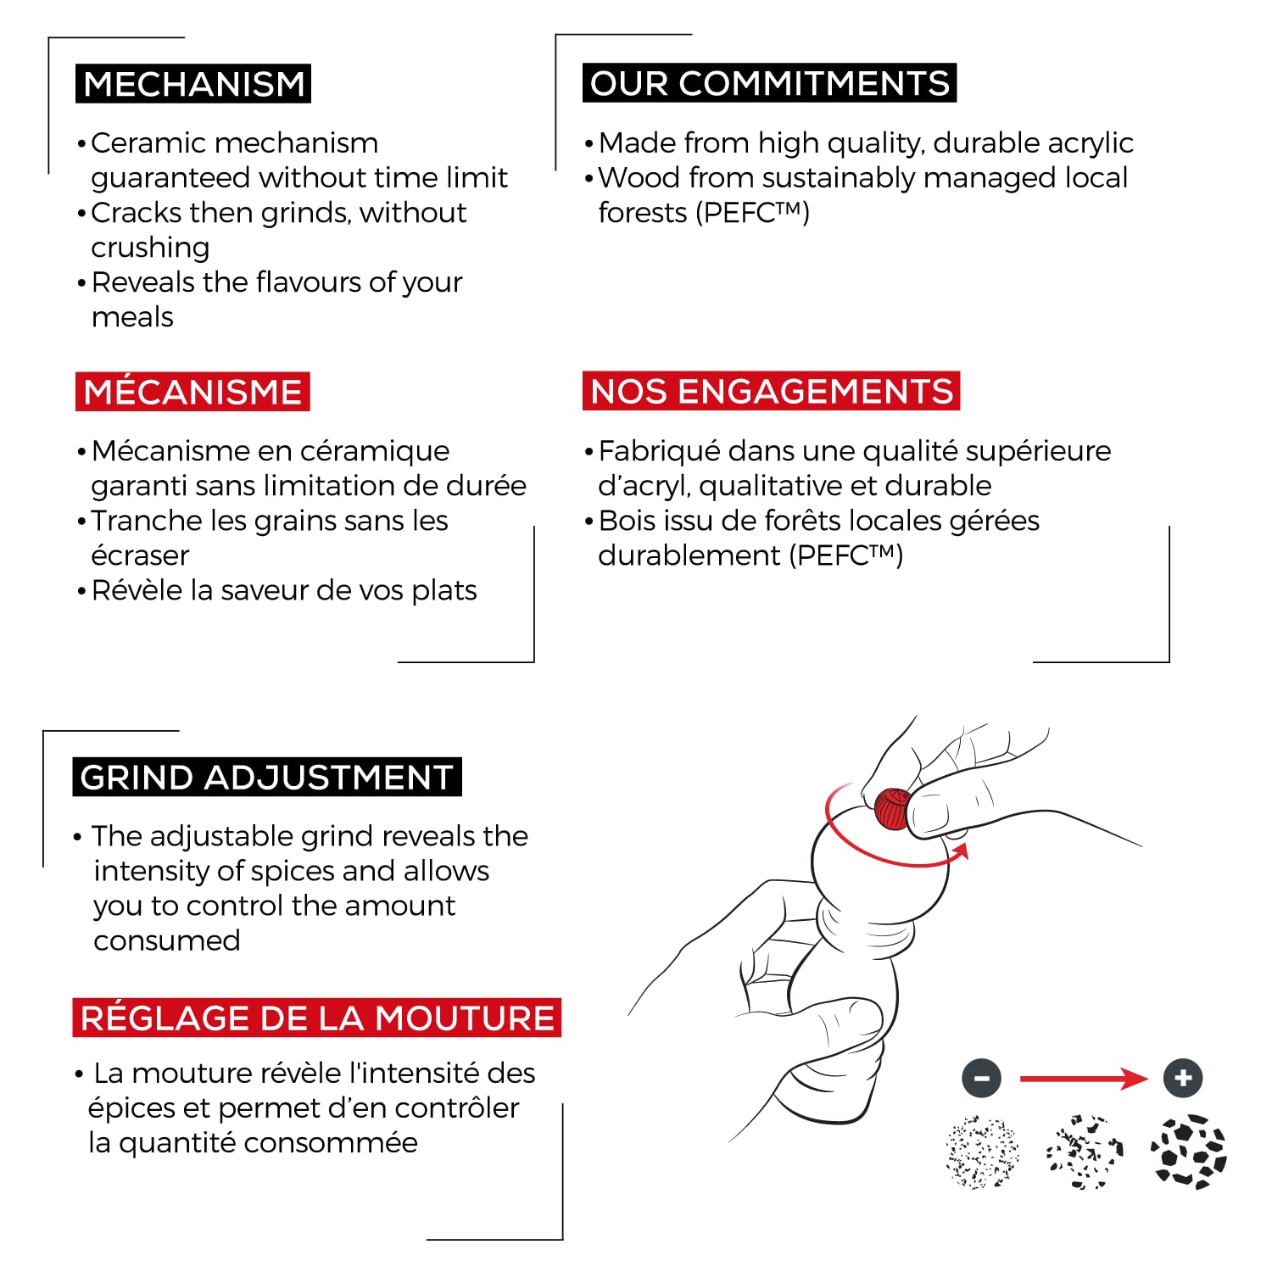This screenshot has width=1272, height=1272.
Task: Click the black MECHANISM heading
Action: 193,84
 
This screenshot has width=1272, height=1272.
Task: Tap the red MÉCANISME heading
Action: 192,392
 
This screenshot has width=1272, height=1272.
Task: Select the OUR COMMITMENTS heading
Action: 769,83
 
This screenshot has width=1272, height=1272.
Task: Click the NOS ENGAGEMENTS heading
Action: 771,391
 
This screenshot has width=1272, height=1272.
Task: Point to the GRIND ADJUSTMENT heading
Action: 266,777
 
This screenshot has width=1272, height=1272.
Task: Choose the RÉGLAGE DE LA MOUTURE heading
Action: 316,1018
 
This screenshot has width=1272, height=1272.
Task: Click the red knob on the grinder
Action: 892,808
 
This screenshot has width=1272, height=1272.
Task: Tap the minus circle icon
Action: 982,1079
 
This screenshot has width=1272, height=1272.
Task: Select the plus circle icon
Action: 1183,1079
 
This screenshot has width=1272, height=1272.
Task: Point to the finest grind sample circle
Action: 982,1152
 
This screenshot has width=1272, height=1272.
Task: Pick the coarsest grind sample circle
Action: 1188,1152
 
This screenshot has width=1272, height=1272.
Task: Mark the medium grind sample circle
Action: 1085,1152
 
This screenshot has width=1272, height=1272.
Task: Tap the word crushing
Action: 150,248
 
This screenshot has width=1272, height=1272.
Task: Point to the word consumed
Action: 167,940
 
